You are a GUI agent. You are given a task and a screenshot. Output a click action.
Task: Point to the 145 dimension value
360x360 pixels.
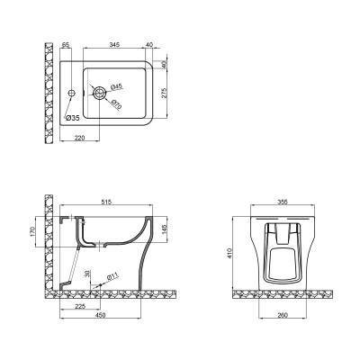pos(164,232)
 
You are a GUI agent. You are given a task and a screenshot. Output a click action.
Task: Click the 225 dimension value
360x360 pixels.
pos(81,305)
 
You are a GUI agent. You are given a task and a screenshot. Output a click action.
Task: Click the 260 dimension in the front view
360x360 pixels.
pos(283,316)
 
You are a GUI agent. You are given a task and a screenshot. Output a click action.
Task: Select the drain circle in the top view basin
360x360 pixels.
pos(102,92)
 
